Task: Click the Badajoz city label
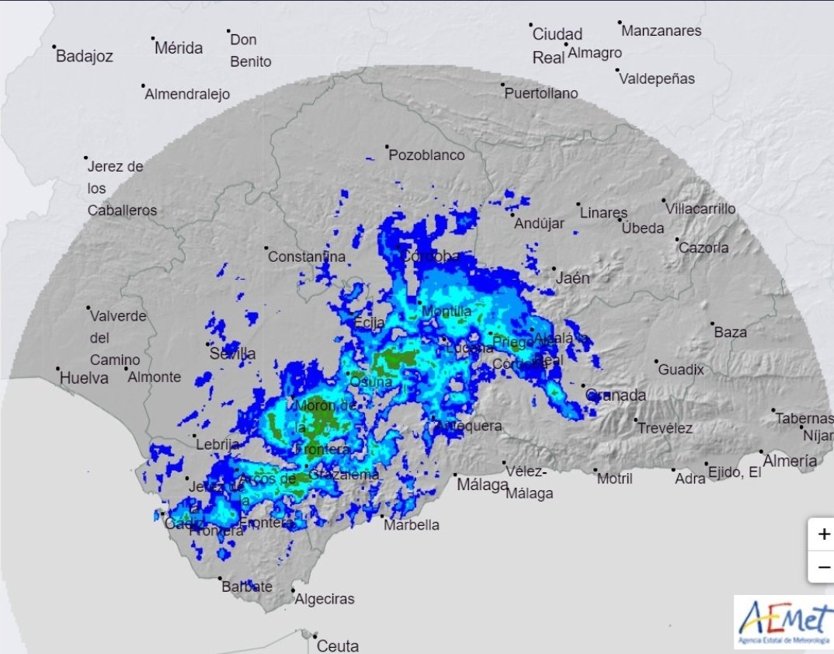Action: tap(85, 57)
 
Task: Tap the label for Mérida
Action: tap(179, 48)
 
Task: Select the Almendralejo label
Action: tap(188, 95)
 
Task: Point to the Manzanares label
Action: tap(662, 31)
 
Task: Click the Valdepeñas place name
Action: tap(656, 78)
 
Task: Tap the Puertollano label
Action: tap(541, 93)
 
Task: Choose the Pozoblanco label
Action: tap(426, 155)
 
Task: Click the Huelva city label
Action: tap(85, 378)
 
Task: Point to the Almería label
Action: tap(790, 461)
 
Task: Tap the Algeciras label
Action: tap(325, 599)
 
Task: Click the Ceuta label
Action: tap(338, 645)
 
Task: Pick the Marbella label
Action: tap(412, 525)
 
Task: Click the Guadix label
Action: tap(681, 370)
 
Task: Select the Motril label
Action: tap(614, 479)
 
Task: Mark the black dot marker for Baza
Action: tap(712, 324)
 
